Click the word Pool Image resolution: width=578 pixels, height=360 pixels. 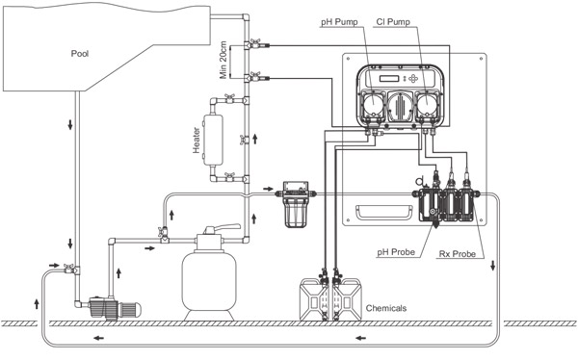coord(80,54)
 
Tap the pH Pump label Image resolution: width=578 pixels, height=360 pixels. coord(339,22)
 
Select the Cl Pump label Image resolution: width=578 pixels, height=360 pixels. coord(393,22)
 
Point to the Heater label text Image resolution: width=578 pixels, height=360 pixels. coord(197,140)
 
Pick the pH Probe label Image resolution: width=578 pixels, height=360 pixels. coord(396,252)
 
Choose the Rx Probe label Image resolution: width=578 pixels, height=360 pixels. coord(457,254)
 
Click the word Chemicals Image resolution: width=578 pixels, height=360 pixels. coord(386,308)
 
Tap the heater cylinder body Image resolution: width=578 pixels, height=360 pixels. coord(213,140)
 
